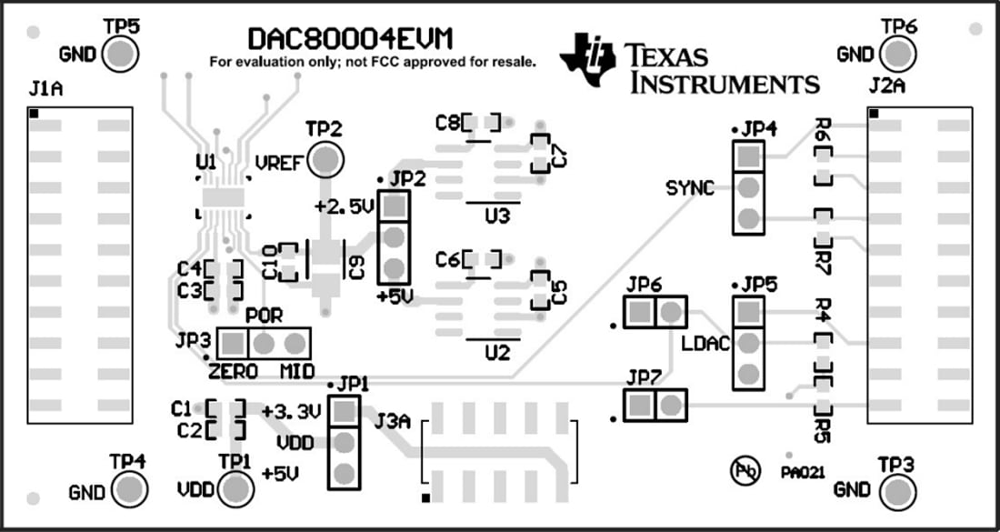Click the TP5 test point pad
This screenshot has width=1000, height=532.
click(121, 55)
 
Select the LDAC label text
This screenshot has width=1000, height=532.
click(705, 345)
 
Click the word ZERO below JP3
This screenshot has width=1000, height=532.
click(233, 371)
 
